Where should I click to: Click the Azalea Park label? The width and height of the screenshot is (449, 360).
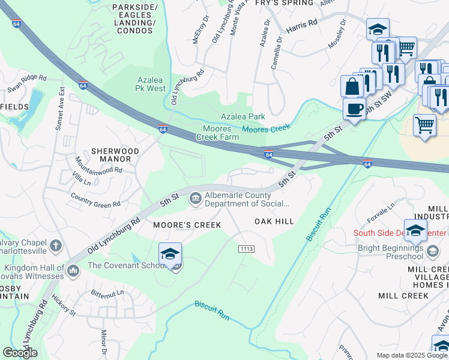243,116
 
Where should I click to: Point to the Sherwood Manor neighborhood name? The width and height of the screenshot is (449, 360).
115,155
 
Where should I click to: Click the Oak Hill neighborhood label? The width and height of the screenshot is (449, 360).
274,221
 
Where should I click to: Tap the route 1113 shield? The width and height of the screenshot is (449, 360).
246,248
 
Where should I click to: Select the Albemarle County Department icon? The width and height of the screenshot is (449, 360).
196,199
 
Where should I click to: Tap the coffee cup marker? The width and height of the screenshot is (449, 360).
354,109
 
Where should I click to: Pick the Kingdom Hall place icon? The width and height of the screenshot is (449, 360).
73,271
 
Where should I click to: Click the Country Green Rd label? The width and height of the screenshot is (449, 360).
95,200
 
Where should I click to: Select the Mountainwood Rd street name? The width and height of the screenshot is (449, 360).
99,166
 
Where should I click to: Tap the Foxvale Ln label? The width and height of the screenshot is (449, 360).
382,214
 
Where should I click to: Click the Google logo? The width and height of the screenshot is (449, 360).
20,353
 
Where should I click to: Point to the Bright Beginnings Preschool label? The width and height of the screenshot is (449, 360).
391,253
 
